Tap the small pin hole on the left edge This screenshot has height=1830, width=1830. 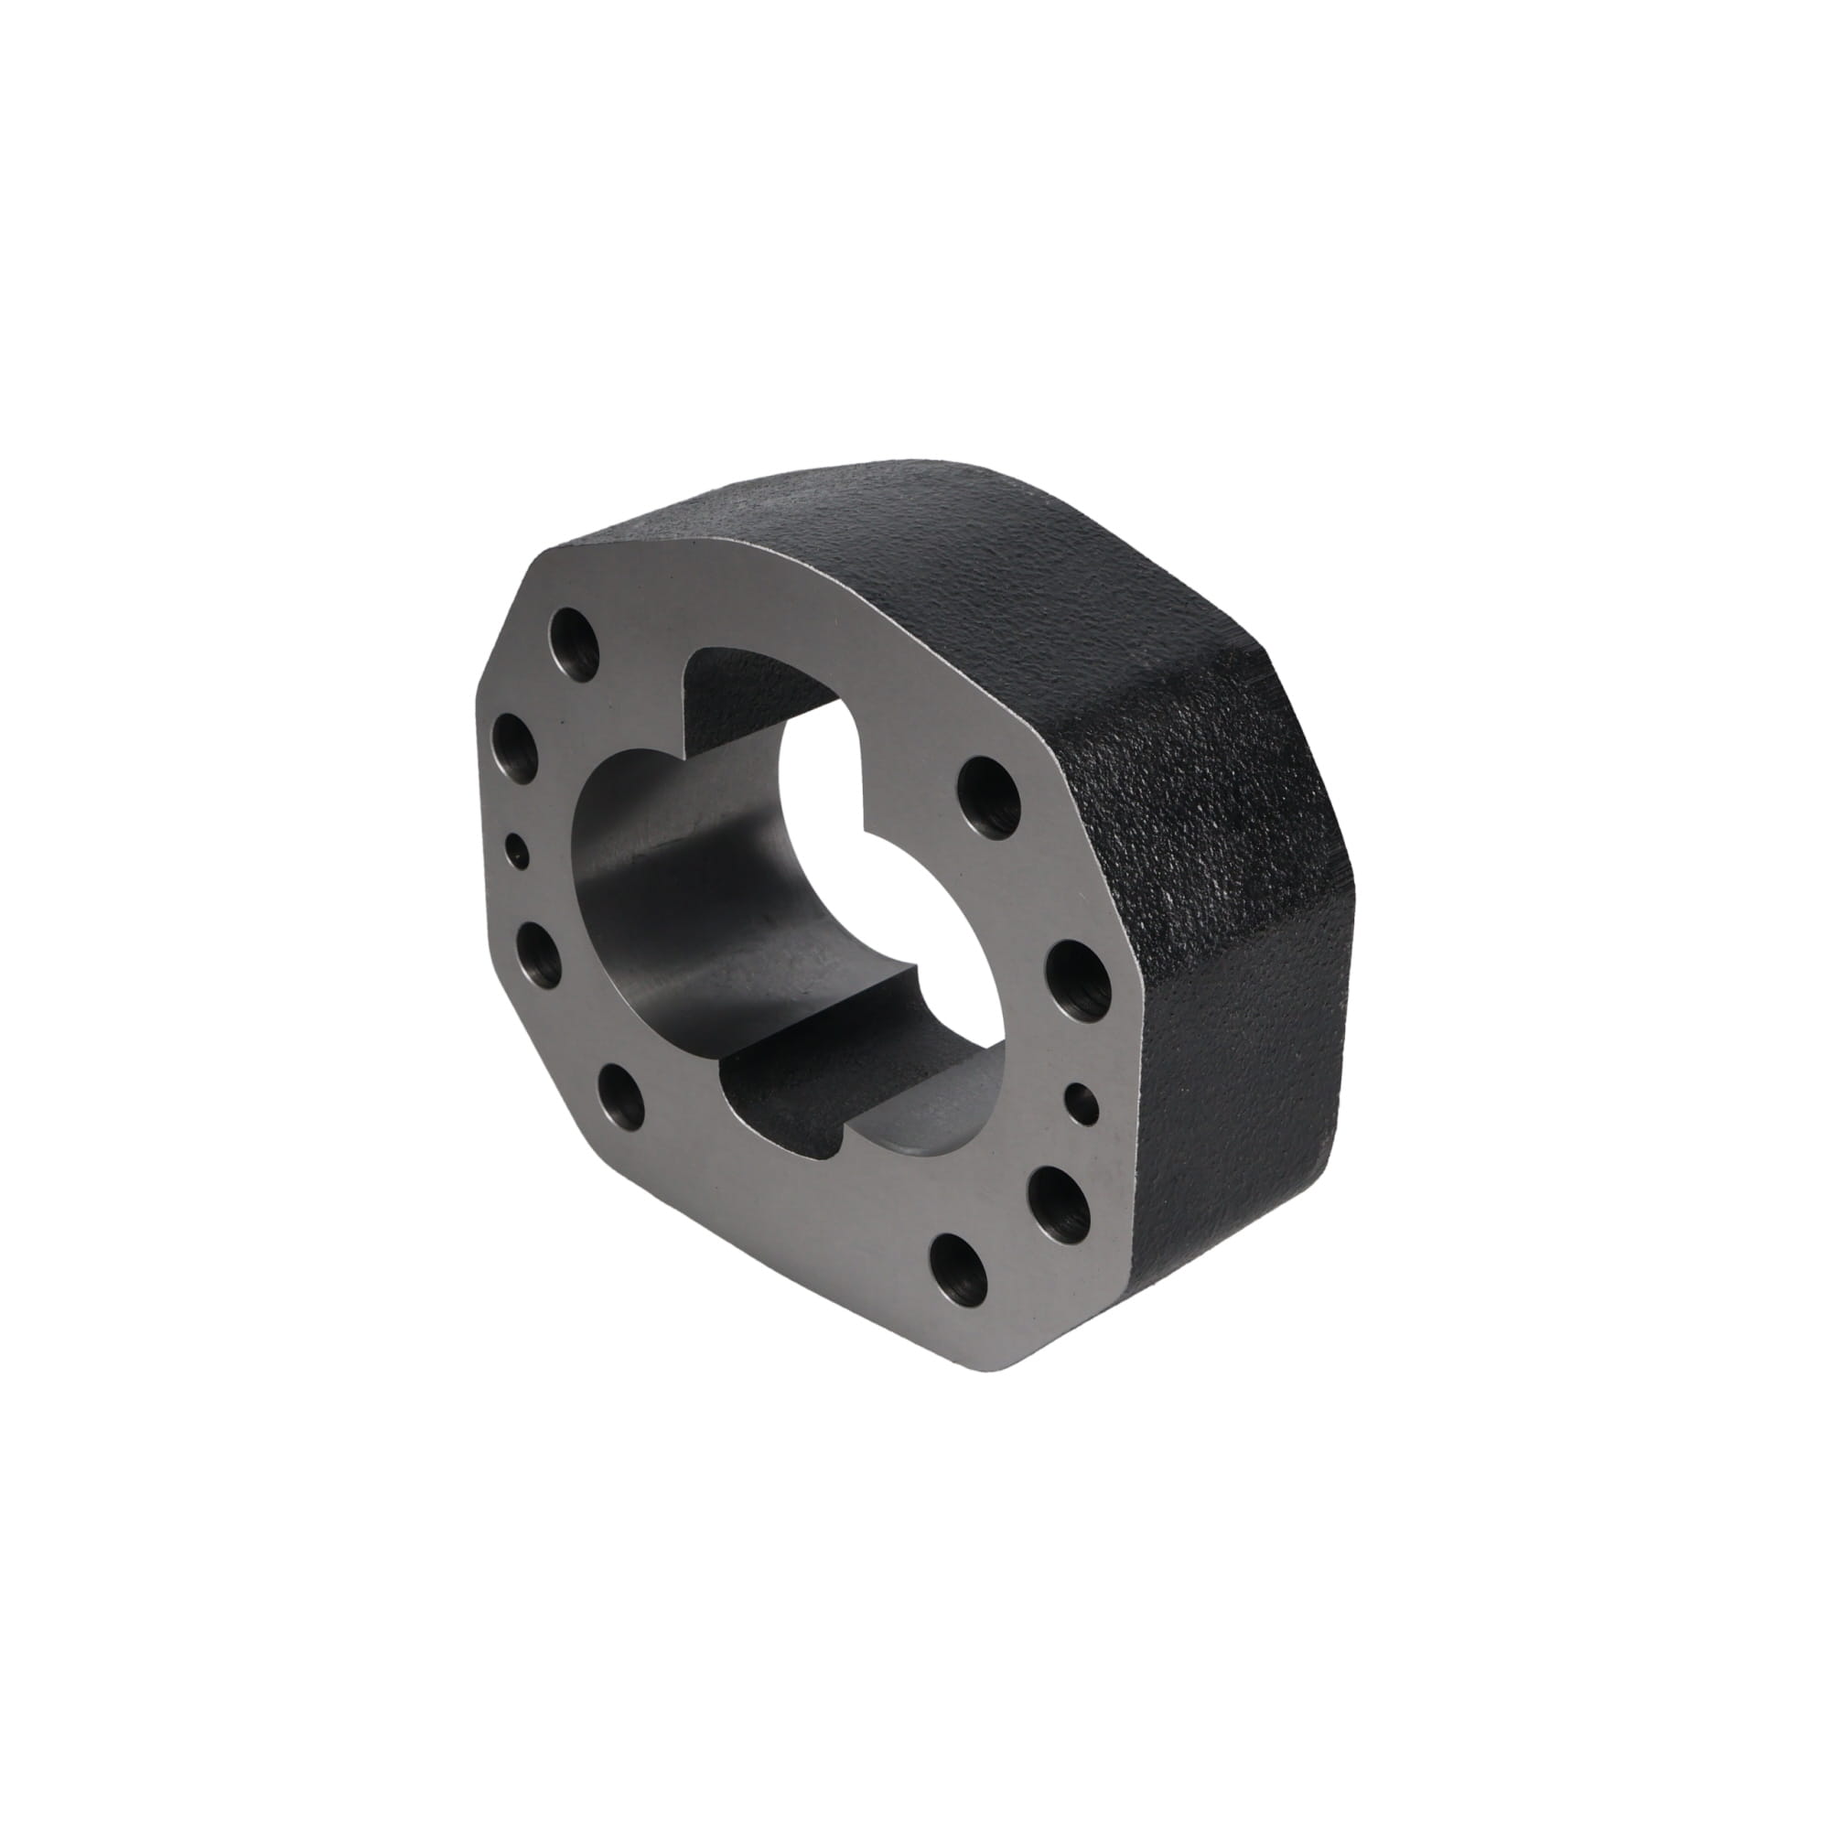(517, 850)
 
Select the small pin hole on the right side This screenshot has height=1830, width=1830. (1082, 1102)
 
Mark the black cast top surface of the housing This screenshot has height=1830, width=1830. (899, 531)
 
